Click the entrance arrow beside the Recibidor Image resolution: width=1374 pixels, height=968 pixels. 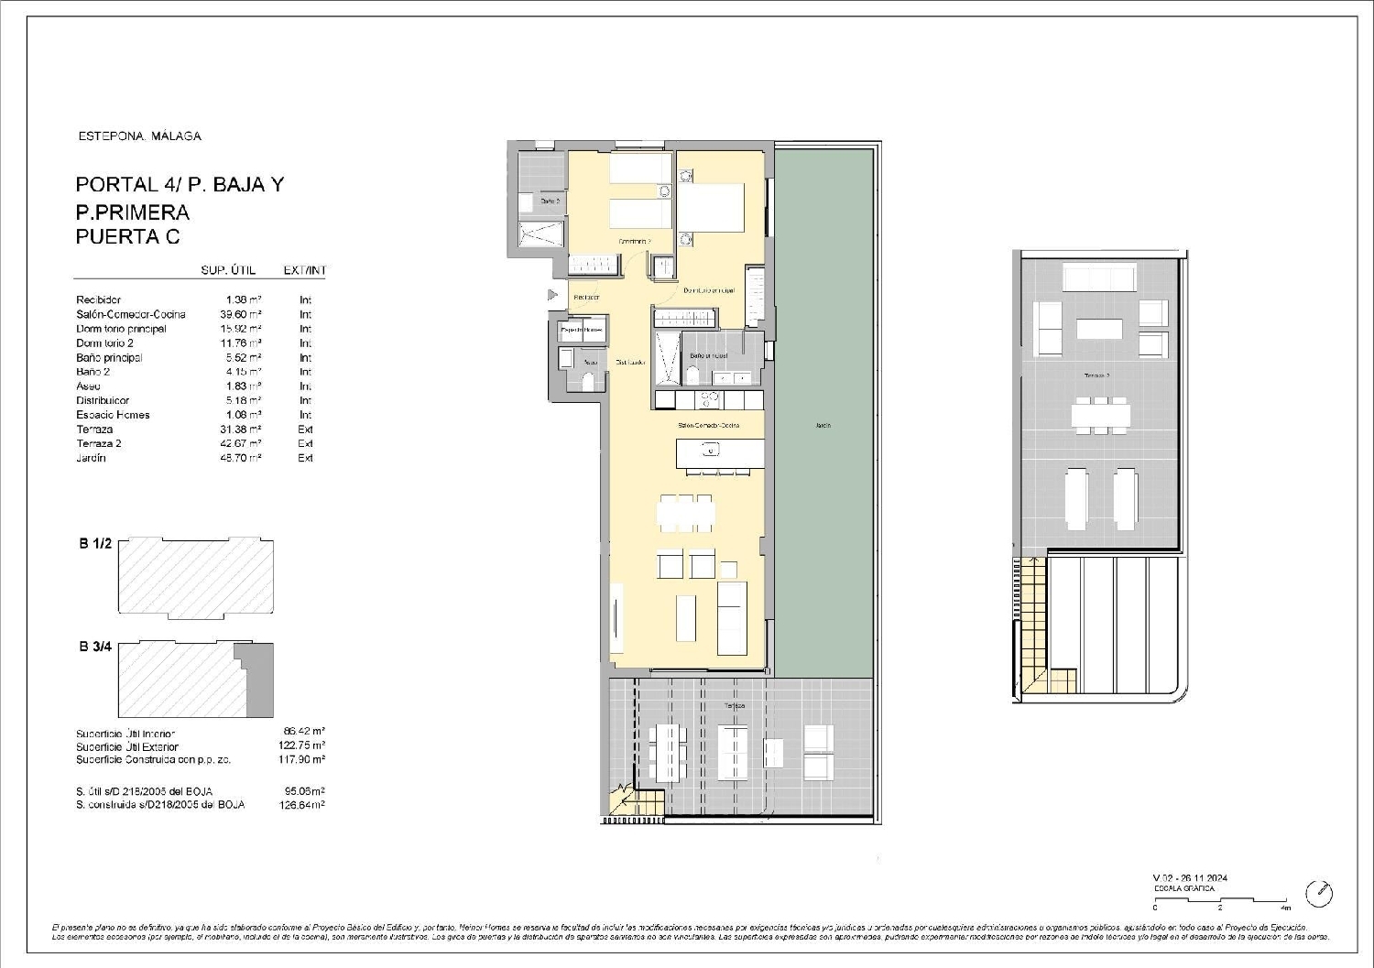tap(552, 295)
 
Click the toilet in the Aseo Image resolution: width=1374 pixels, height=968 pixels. tap(587, 381)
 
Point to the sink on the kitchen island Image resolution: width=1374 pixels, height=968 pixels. tap(708, 451)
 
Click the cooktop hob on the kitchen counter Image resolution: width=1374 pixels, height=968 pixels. tap(708, 399)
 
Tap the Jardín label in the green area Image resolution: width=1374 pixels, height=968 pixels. tap(822, 425)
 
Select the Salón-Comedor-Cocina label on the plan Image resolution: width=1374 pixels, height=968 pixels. tap(708, 425)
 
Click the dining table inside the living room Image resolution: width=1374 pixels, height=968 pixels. tap(685, 513)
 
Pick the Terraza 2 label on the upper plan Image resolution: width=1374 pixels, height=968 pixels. tap(1096, 375)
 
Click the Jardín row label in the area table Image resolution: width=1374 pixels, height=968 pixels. tap(91, 458)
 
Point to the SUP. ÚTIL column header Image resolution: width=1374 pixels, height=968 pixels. tap(228, 270)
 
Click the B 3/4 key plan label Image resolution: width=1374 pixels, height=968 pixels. tap(94, 647)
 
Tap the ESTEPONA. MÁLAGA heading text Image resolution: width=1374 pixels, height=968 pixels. tap(139, 136)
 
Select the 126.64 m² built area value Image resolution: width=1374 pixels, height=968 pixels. tap(301, 805)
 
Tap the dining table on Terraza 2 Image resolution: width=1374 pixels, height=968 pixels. tap(1099, 416)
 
